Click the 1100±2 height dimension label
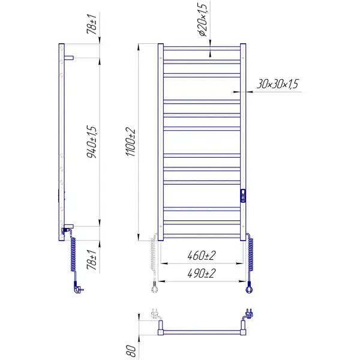[131, 143]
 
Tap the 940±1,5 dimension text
[92, 142]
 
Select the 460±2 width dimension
[202, 256]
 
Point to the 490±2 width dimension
[202, 273]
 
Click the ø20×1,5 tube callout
[203, 19]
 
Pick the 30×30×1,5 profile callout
[277, 84]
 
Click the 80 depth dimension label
[131, 350]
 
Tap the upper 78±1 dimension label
[92, 24]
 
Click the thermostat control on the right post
[243, 196]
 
